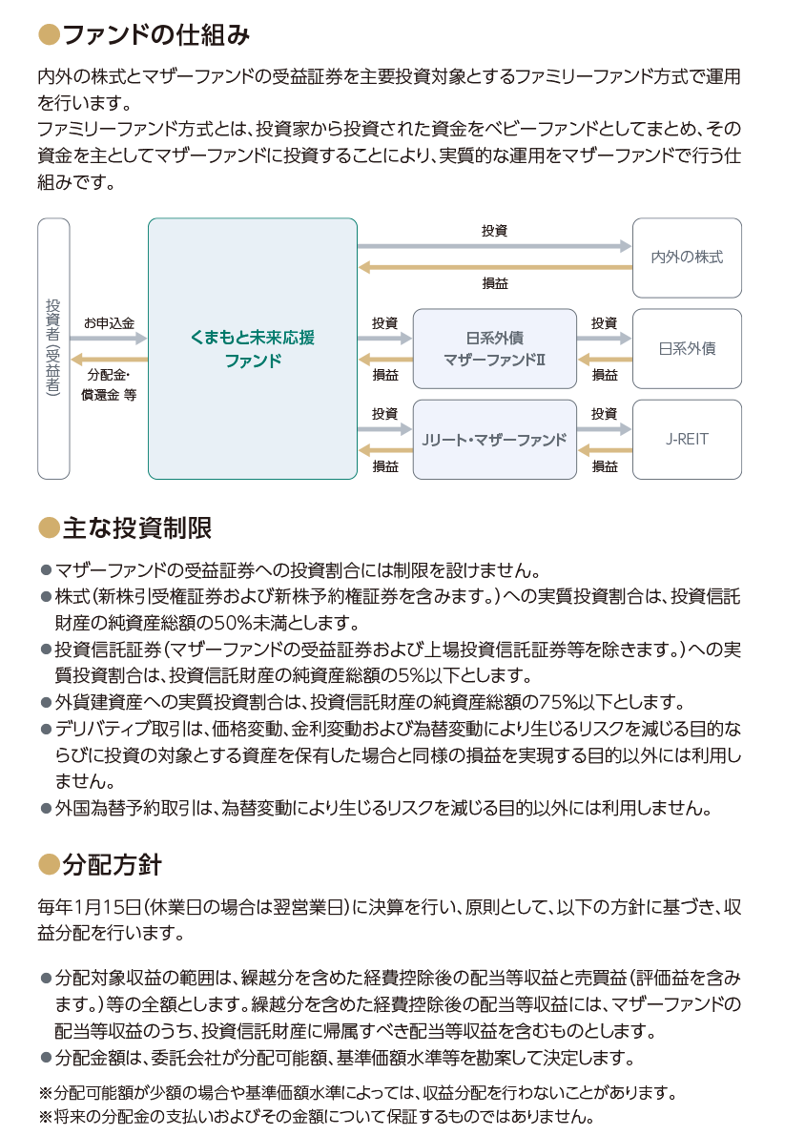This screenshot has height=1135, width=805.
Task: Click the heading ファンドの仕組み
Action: click(156, 34)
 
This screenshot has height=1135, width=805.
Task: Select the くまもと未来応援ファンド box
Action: click(253, 348)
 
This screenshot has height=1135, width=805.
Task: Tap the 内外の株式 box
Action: click(687, 258)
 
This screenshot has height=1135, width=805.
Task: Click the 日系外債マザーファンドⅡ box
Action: click(494, 349)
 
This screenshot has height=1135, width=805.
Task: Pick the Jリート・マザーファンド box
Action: click(494, 440)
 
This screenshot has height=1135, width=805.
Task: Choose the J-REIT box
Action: click(687, 440)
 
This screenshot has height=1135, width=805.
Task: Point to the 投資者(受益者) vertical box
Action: click(53, 348)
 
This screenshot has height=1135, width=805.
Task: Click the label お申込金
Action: click(110, 322)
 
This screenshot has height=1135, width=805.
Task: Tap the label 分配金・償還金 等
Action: click(109, 384)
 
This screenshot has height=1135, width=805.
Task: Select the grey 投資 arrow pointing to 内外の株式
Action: click(494, 246)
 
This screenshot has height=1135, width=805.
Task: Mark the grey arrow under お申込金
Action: click(109, 338)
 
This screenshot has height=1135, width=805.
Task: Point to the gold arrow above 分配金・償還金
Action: click(110, 359)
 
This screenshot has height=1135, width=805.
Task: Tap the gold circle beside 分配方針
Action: click(49, 864)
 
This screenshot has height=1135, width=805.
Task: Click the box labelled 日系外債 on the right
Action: click(687, 349)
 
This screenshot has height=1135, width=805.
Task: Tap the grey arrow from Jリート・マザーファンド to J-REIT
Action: click(605, 429)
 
